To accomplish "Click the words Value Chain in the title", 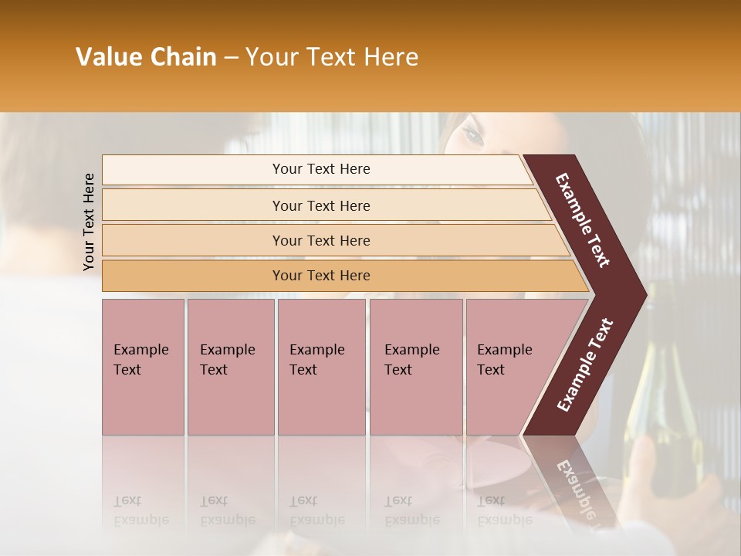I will pyautogui.click(x=146, y=57).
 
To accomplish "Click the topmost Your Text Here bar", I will pyautogui.click(x=320, y=169).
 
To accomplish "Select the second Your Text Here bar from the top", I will pyautogui.click(x=320, y=205).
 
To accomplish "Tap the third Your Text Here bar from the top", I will pyautogui.click(x=320, y=240).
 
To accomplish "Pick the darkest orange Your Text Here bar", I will pyautogui.click(x=320, y=276).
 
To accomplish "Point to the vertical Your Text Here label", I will pyautogui.click(x=89, y=222).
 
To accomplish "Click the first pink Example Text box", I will pyautogui.click(x=143, y=366).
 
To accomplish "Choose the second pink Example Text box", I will pyautogui.click(x=230, y=366).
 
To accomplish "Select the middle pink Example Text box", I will pyautogui.click(x=321, y=366).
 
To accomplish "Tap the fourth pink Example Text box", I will pyautogui.click(x=415, y=366).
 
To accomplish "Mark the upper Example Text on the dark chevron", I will pyautogui.click(x=583, y=220).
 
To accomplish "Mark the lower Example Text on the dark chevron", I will pyautogui.click(x=585, y=365).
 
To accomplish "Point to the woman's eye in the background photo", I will pyautogui.click(x=472, y=136).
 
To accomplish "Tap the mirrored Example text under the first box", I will pyautogui.click(x=140, y=520).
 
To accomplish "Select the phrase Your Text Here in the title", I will pyautogui.click(x=332, y=57).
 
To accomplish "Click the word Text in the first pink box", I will pyautogui.click(x=127, y=370).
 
